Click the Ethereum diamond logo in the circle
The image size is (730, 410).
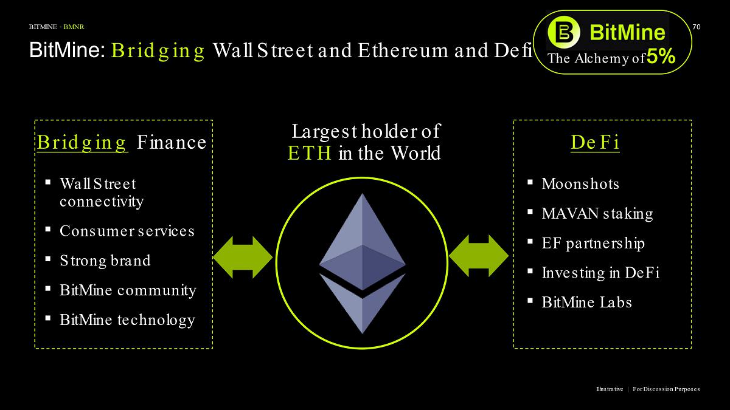click(363, 262)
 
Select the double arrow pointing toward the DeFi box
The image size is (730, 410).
click(478, 256)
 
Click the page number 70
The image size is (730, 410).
click(697, 27)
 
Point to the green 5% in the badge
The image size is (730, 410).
click(661, 57)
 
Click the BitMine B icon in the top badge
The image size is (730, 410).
click(563, 31)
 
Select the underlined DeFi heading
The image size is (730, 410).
click(595, 143)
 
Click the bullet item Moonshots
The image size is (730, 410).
click(580, 184)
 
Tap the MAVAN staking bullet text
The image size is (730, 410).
click(597, 214)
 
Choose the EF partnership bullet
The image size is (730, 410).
click(593, 244)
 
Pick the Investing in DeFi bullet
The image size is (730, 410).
click(600, 273)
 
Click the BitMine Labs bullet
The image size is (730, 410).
click(586, 302)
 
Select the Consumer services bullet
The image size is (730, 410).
click(127, 231)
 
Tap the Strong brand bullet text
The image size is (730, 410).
click(105, 261)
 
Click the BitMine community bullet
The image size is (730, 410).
click(128, 290)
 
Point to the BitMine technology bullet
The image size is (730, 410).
click(127, 320)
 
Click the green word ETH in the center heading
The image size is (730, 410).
click(310, 154)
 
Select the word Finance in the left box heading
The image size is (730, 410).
click(172, 143)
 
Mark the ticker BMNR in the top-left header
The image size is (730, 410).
click(74, 27)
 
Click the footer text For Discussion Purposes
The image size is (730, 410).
click(666, 389)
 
